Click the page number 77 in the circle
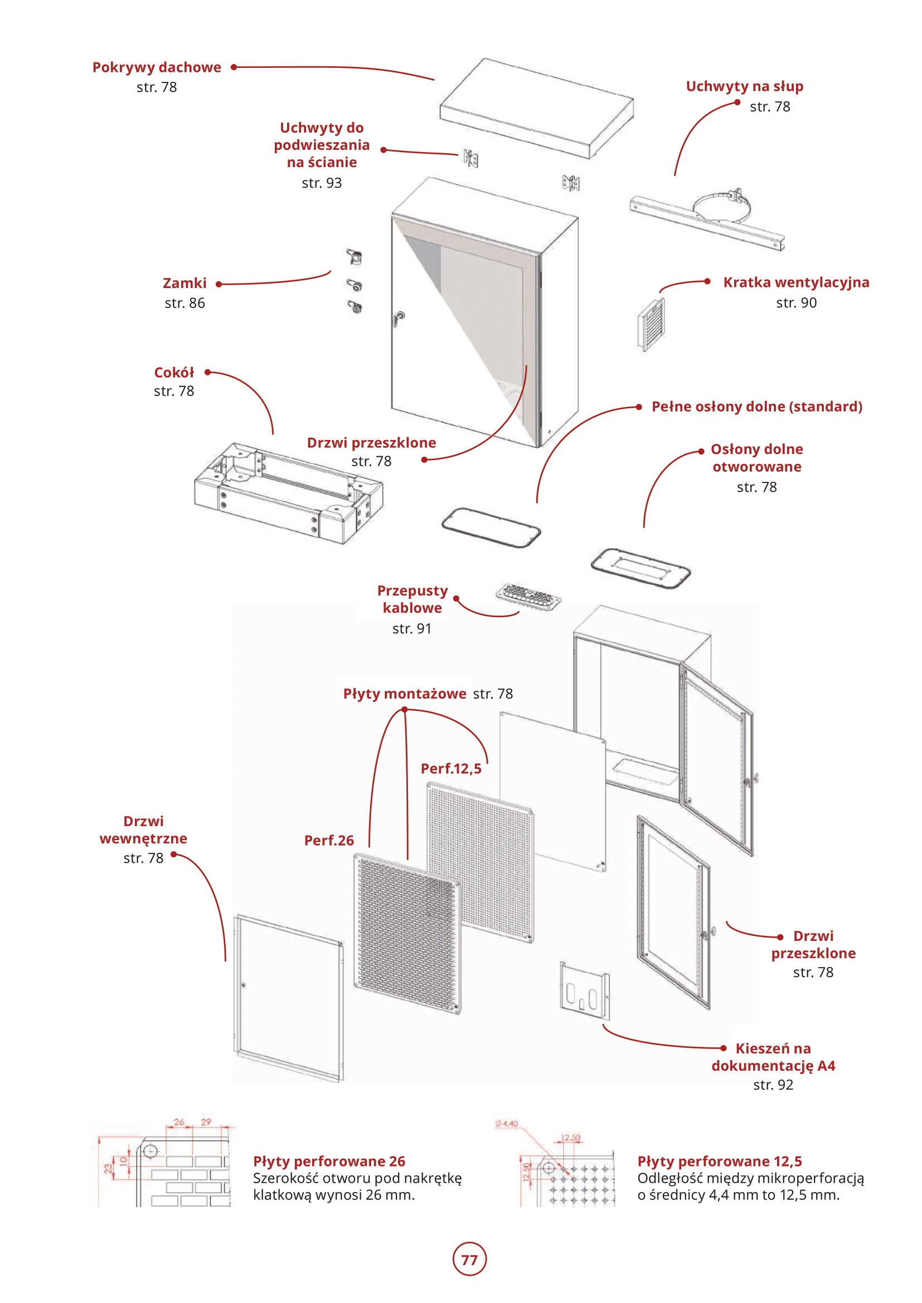pos(469,1260)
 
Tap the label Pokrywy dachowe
pos(157,67)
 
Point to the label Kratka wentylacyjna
pos(796,282)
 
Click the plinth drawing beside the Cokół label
pos(288,492)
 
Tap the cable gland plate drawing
pos(528,596)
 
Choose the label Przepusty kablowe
pos(413,599)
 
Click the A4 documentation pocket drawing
pos(584,990)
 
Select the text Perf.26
pos(329,841)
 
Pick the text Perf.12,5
pos(451,768)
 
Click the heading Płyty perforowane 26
pos(329,1161)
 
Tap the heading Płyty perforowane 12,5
pos(719,1161)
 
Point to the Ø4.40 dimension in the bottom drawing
pos(506,1124)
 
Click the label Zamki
pos(185,283)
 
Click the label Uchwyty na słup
pos(744,86)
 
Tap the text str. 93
pos(321,183)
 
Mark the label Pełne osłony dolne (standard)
pos(756,407)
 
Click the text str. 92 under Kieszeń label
pos(773,1085)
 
